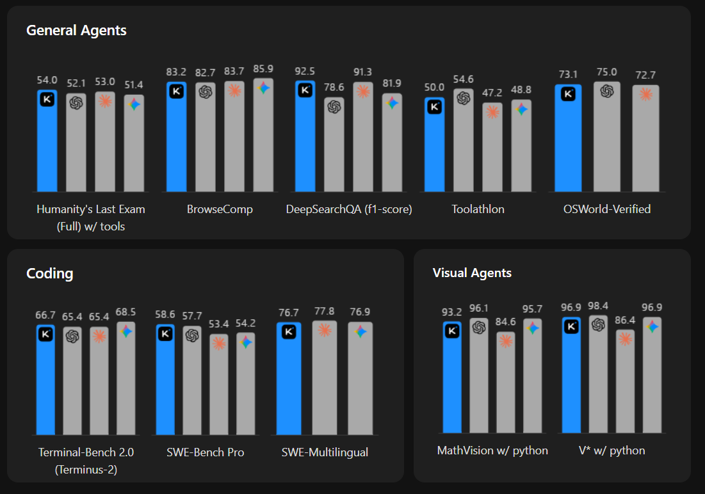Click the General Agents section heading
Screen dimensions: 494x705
coord(76,30)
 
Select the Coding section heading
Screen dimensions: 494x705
coord(50,274)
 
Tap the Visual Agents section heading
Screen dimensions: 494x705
coord(472,273)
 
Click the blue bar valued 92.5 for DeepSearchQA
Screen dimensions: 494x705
coord(305,141)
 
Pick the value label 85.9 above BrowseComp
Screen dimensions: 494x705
coord(263,68)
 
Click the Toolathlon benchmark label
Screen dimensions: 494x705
coord(478,209)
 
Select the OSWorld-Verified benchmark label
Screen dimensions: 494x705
coord(606,209)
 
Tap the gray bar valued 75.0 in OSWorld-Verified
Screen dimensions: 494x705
coord(606,141)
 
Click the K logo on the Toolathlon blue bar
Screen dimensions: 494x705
coord(435,107)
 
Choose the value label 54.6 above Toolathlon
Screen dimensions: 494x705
coord(464,79)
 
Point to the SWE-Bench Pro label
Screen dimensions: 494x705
coord(205,452)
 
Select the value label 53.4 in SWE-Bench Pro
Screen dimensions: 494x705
coord(219,324)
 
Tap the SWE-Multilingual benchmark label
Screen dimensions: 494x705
coord(325,452)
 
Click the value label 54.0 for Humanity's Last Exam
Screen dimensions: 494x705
coord(47,80)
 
